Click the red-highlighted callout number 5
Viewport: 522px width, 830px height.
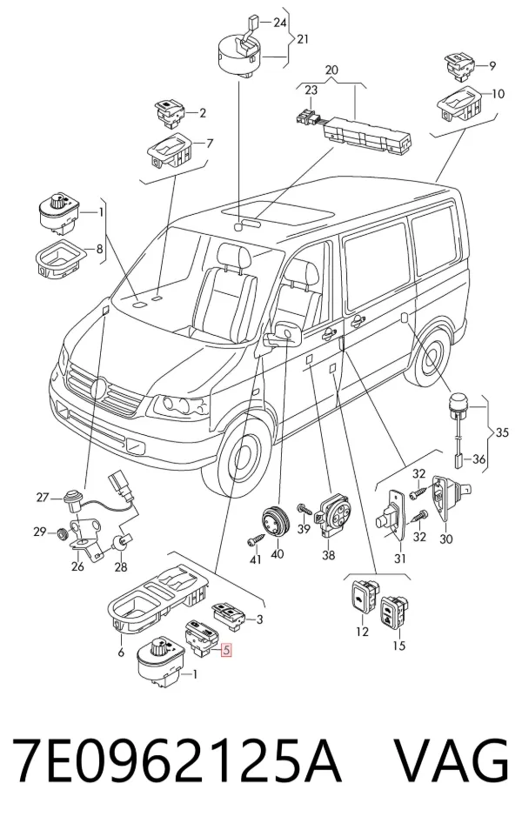(226, 650)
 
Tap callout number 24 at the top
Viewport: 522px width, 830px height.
(280, 23)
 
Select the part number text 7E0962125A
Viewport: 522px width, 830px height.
(177, 760)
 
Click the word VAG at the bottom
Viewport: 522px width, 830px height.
(452, 760)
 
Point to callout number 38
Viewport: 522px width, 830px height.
(328, 555)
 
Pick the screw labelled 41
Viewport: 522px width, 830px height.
(252, 541)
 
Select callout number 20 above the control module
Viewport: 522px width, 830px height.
(331, 70)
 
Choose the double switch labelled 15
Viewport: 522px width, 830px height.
(394, 613)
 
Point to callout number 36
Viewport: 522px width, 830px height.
(478, 459)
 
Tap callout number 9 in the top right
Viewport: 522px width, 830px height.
(492, 65)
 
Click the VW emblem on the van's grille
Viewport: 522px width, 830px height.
(100, 390)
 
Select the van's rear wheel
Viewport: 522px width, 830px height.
(430, 355)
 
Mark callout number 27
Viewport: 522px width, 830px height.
(43, 498)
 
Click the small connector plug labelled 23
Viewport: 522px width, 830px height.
(306, 116)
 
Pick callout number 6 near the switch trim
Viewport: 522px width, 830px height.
(121, 653)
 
